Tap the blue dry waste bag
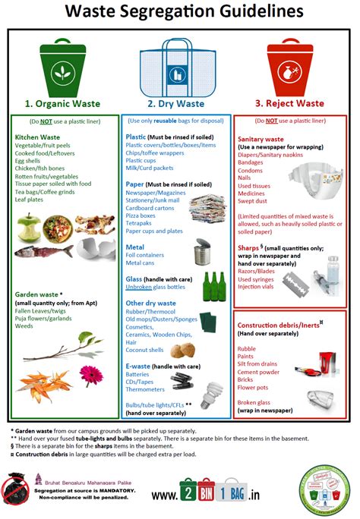[x=179, y=72]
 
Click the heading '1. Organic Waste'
[x=63, y=105]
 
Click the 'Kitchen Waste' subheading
[x=38, y=137]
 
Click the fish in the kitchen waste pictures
[x=45, y=250]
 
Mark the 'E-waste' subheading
[x=141, y=365]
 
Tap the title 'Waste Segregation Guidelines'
[x=180, y=12]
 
